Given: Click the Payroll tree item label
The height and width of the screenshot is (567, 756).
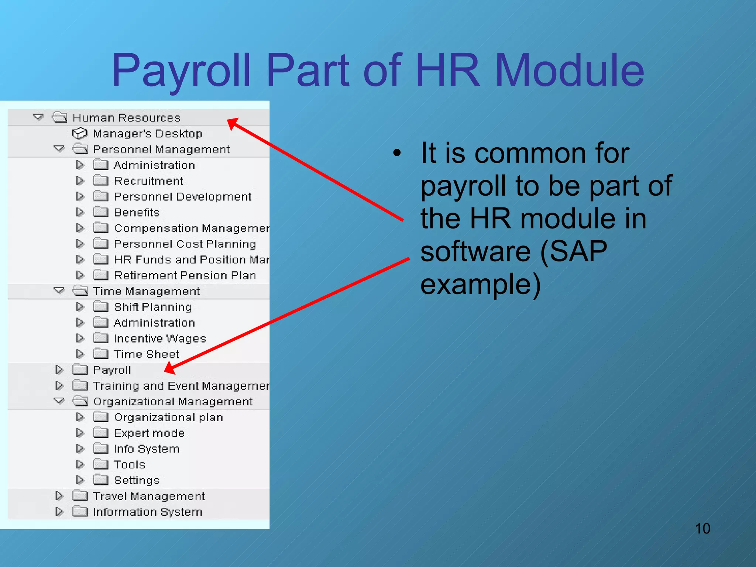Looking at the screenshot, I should coord(112,370).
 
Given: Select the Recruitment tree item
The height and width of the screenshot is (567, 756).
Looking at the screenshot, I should coord(148,181).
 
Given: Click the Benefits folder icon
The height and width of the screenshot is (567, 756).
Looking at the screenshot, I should coord(100,212).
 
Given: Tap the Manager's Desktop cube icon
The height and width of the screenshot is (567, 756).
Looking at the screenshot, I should coord(79,133).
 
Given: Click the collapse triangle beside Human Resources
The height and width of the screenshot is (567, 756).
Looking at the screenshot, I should coord(38,117).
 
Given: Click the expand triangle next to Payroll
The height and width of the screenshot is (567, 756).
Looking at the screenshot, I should coord(59,370).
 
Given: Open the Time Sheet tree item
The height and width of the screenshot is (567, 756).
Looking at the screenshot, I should coord(146,354).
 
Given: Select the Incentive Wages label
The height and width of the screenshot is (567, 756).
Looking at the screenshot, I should coord(159,339).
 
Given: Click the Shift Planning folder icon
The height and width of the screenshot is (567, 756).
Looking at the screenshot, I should coord(100,306).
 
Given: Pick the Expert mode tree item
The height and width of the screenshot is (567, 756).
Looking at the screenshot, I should coord(149,433).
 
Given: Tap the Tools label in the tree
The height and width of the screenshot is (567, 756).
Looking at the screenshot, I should coord(129,464).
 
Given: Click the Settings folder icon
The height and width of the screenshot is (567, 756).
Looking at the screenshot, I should coord(100,480).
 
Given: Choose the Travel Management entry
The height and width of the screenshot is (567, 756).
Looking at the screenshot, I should coord(148,496).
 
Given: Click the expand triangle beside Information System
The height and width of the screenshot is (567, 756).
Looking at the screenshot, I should coord(59,512).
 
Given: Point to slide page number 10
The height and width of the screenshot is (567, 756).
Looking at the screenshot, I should coord(702,529).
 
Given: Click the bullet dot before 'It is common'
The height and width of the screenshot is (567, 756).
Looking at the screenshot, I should coord(397,153).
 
